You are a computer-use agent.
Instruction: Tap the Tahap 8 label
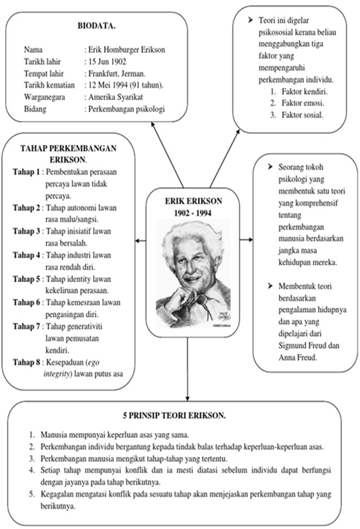[x=26, y=362]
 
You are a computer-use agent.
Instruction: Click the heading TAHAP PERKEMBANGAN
[x=67, y=148]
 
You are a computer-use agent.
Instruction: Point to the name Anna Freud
[x=295, y=357]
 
